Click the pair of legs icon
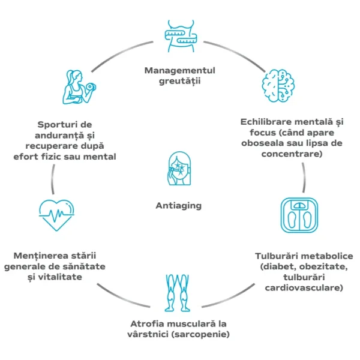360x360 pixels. (x=179, y=291)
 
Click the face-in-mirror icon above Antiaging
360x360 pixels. (x=178, y=170)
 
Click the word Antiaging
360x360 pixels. (x=179, y=206)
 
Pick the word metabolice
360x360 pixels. (x=325, y=255)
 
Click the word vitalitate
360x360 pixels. (x=76, y=278)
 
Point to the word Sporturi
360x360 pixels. (x=59, y=124)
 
